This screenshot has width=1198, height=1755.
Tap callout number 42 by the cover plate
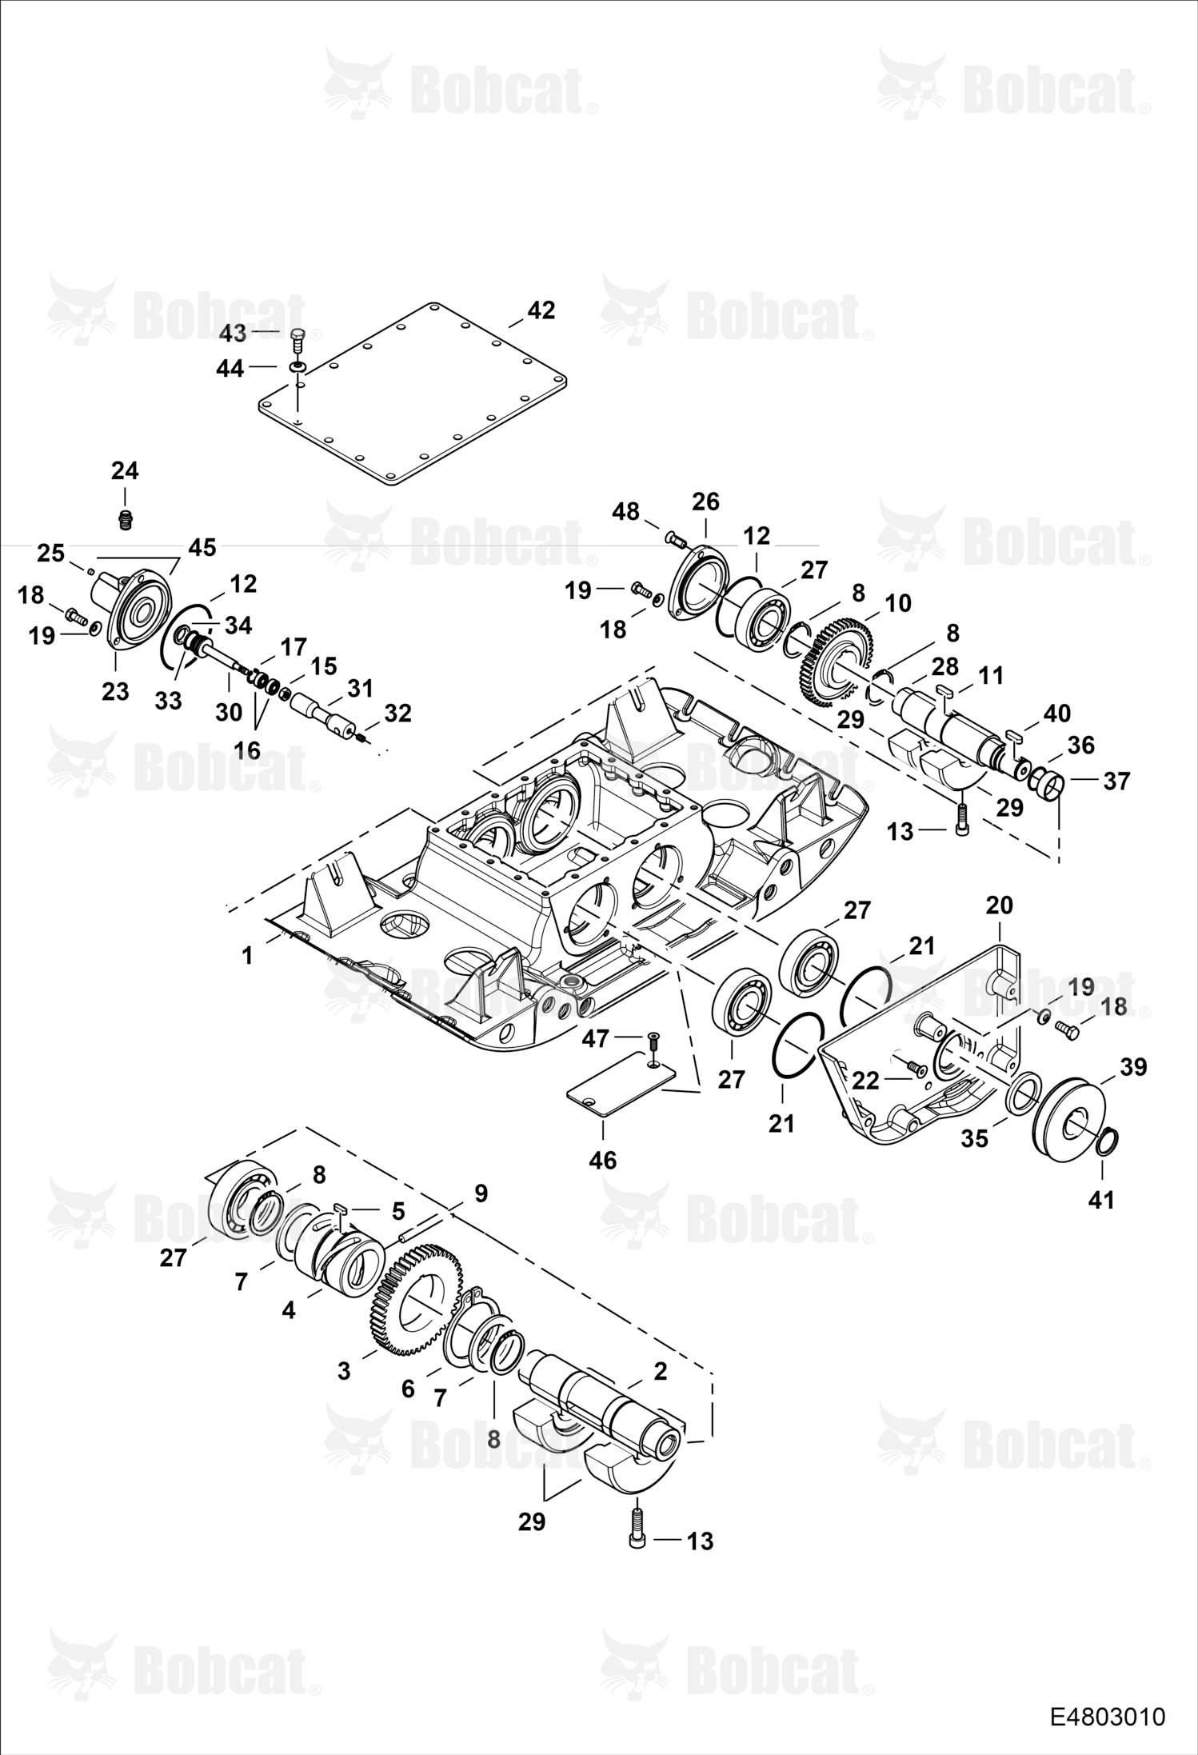[541, 310]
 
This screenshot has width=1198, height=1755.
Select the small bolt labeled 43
[298, 339]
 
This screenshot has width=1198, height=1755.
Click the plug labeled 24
[124, 519]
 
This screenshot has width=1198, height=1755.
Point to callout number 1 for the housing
[248, 955]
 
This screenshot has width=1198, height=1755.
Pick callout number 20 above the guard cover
[999, 905]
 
